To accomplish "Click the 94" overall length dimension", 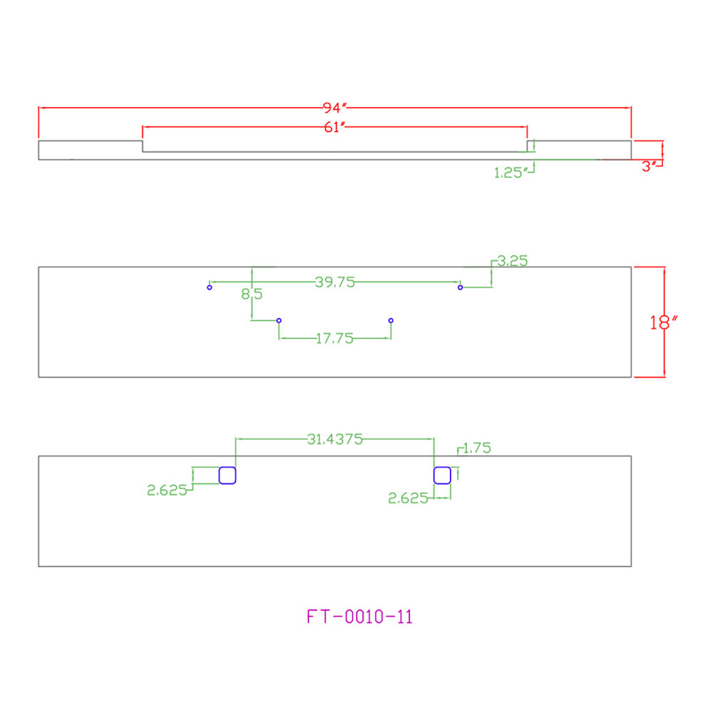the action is pos(334,108).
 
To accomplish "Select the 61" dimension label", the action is pos(334,128).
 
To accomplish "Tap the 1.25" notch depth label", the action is pos(511,173).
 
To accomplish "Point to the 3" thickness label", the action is pos(649,166).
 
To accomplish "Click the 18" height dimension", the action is pos(663,322).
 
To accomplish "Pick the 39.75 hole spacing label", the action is pos(334,282).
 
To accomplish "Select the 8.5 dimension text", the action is pos(252,294).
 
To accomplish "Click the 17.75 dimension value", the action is pos(334,338).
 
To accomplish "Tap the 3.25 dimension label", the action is pos(512,260).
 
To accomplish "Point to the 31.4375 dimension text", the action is pos(334,438).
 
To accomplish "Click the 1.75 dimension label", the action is pos(476,448).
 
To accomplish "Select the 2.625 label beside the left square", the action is pos(167,490).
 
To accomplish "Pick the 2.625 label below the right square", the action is pos(408,498).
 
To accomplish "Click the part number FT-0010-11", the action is pos(359,617).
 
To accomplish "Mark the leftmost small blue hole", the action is pos(209,287).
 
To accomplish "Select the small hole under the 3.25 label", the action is pos(460,287).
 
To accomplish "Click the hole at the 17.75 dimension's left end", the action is pos(279,321).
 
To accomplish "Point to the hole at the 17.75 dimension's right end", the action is pos(391,321).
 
